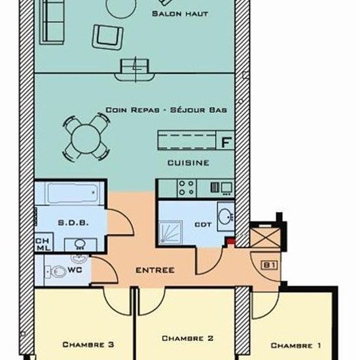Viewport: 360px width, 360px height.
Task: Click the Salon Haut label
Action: point(180,14)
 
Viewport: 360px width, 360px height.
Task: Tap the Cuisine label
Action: point(189,163)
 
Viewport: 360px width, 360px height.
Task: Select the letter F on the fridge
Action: point(226,142)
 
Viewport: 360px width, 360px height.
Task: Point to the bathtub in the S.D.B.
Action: point(73,193)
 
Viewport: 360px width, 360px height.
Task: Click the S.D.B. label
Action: point(73,223)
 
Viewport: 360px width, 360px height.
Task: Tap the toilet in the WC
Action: point(56,272)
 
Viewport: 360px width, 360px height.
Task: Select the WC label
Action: point(75,270)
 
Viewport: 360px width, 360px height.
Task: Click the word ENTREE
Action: point(155,270)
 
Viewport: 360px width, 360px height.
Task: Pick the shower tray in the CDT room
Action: point(170,232)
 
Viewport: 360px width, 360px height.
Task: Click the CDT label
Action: point(203,225)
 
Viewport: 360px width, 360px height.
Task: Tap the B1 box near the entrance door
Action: point(269,265)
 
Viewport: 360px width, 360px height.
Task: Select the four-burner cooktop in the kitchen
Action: point(187,188)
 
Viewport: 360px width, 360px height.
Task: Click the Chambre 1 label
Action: point(296,346)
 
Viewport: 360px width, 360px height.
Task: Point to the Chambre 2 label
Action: point(188,338)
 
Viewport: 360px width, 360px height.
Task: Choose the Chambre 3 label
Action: point(88,344)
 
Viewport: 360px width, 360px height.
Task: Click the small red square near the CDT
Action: point(231,241)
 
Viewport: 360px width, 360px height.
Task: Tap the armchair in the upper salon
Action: point(107,37)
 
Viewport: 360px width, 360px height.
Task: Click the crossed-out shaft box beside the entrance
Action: point(265,238)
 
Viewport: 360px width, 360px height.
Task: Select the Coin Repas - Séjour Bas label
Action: point(166,110)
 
